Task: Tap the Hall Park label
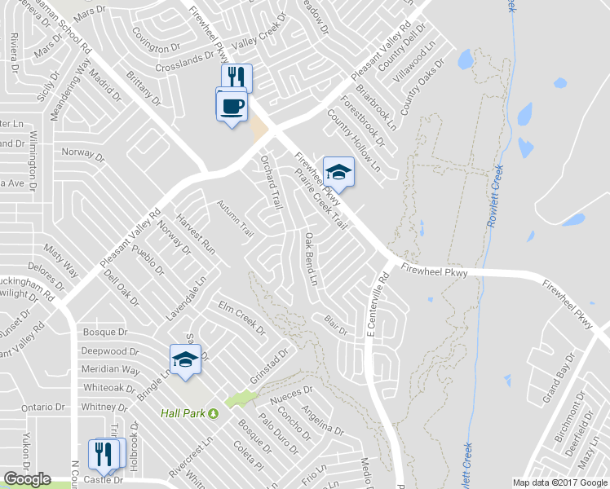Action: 183,413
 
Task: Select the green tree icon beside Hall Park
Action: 214,413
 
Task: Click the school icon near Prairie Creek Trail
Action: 338,172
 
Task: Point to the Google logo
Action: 27,479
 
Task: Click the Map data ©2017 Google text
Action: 559,482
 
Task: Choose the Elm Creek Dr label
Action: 241,318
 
